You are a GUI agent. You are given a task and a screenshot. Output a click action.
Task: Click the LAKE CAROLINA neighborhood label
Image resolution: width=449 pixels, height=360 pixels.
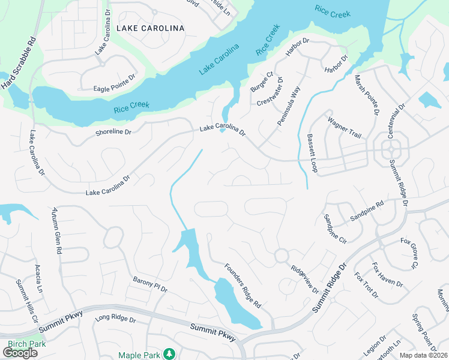tap(150, 28)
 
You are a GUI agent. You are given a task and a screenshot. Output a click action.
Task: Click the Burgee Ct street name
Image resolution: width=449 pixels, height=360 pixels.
tap(262, 82)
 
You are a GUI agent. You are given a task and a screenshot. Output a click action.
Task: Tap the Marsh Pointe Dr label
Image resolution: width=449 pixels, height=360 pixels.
tap(366, 95)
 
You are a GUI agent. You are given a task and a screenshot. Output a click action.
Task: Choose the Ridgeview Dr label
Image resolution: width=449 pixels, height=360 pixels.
tap(304, 279)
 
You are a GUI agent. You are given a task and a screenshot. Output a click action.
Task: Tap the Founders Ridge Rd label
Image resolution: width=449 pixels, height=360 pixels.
tap(243, 286)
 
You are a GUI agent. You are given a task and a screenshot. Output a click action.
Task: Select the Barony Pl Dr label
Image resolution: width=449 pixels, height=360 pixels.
tap(150, 284)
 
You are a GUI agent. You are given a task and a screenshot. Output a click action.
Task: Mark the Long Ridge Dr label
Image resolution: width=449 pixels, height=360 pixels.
tap(116, 320)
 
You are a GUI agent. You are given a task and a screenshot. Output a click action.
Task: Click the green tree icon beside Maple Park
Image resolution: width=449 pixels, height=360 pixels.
tap(170, 355)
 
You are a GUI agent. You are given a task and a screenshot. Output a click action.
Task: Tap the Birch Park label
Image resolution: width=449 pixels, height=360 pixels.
tap(27, 344)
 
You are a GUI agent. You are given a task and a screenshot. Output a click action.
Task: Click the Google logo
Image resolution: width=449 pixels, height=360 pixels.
tap(20, 353)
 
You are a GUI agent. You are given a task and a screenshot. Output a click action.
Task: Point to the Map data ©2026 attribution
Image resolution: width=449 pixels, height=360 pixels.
tap(421, 355)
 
